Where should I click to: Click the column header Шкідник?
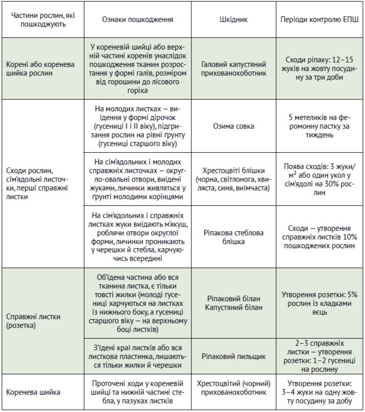(x=233, y=19)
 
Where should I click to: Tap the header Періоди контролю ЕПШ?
(x=320, y=19)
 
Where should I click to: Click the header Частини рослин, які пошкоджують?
(x=42, y=19)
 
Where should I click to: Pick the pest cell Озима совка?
(x=233, y=126)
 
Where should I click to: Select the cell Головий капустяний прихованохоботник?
(x=233, y=69)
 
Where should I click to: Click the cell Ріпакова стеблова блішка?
(x=233, y=236)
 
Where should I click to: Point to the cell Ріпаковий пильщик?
(x=233, y=356)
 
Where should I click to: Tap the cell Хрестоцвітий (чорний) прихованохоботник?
(x=233, y=392)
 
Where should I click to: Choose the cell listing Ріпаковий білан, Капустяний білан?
(x=233, y=303)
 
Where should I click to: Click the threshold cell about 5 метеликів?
(x=320, y=126)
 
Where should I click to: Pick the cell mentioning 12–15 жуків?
(x=320, y=69)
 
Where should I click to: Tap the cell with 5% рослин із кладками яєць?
(x=320, y=303)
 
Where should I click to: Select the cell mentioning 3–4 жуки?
(x=320, y=392)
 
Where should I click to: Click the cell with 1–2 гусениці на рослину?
(x=320, y=356)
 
